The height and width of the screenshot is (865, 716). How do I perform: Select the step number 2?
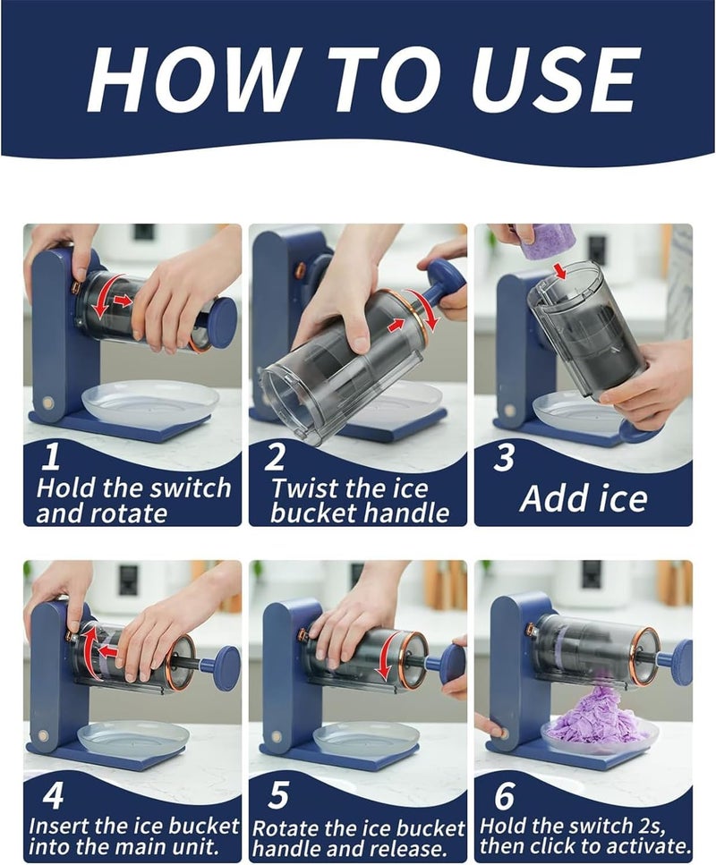(x=276, y=457)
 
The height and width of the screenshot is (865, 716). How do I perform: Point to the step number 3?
(x=504, y=457)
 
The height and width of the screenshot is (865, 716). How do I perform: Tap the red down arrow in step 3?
(x=561, y=270)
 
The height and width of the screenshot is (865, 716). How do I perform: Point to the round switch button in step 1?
(x=47, y=403)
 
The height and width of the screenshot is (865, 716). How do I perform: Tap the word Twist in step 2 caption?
(x=303, y=488)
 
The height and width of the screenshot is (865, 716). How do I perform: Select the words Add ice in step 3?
(x=584, y=498)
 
